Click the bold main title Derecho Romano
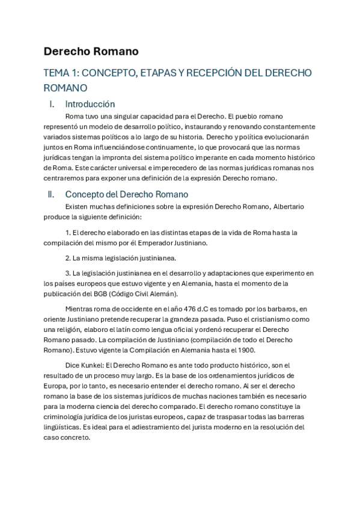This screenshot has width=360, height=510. click(x=91, y=51)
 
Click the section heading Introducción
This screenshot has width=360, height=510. click(x=90, y=104)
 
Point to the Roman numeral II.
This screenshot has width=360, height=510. click(x=51, y=194)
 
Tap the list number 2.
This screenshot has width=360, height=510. click(x=67, y=258)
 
